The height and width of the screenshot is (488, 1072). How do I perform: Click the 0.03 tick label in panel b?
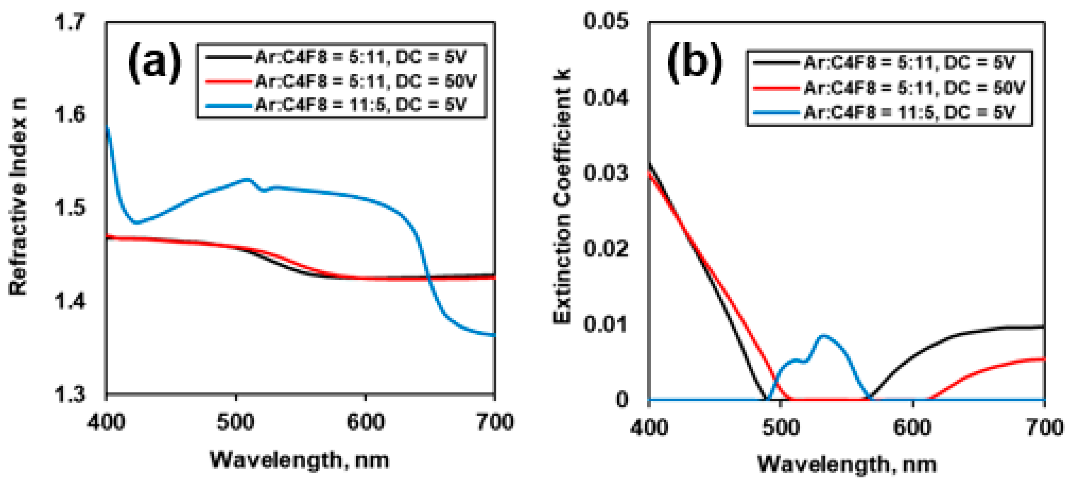click(605, 173)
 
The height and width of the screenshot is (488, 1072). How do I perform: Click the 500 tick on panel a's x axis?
click(236, 422)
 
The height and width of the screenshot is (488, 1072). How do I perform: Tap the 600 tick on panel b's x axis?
click(912, 427)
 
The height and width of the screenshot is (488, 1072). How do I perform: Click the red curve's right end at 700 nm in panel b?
click(1044, 359)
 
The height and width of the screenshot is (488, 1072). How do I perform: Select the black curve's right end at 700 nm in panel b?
click(1044, 327)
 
